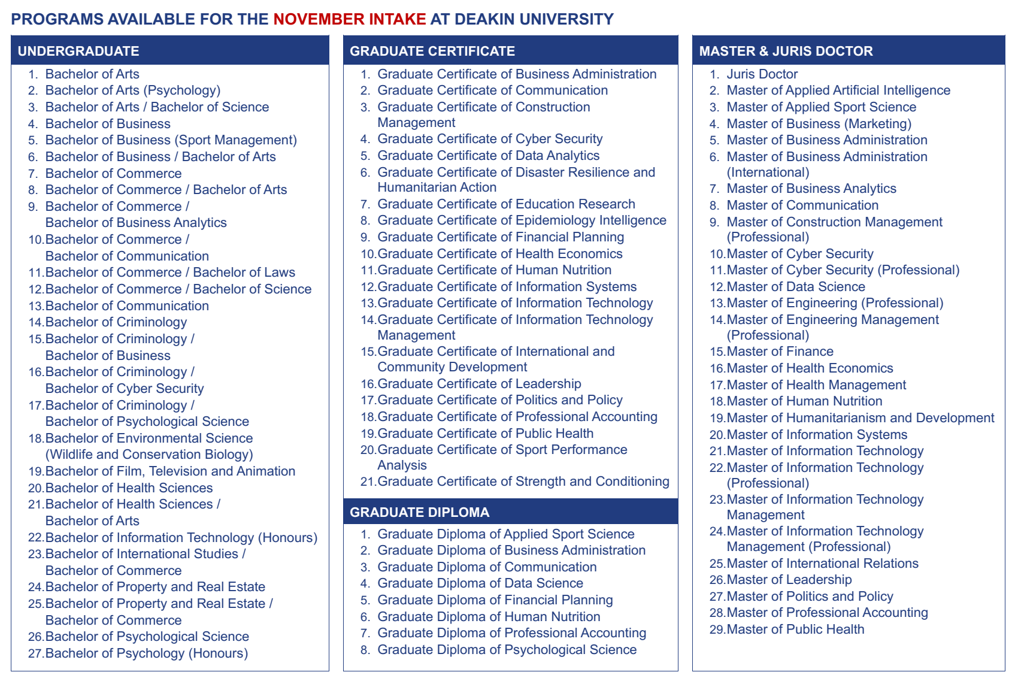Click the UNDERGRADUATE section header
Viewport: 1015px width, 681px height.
78,51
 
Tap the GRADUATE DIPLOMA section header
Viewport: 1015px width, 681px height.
419,512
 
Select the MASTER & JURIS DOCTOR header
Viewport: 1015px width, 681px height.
786,51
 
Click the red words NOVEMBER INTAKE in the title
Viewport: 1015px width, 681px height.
350,19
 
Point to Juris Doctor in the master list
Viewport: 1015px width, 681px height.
762,74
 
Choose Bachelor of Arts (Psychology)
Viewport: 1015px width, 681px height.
132,90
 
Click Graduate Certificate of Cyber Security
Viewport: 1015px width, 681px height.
489,139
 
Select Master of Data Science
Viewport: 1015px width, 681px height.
795,287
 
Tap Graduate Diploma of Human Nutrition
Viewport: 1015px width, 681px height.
488,616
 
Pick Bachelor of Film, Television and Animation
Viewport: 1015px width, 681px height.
170,471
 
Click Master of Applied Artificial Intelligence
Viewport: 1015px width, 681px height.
838,90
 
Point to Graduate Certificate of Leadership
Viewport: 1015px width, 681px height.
479,383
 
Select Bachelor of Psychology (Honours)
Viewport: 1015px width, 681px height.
146,653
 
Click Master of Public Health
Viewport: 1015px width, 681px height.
795,629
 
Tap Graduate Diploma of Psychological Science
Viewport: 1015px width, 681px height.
507,650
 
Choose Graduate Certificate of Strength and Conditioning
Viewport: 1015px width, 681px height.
523,482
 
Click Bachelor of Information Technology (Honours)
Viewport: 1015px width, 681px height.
181,538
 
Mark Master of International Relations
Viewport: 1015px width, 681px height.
822,564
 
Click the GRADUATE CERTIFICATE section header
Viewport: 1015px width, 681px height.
432,51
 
